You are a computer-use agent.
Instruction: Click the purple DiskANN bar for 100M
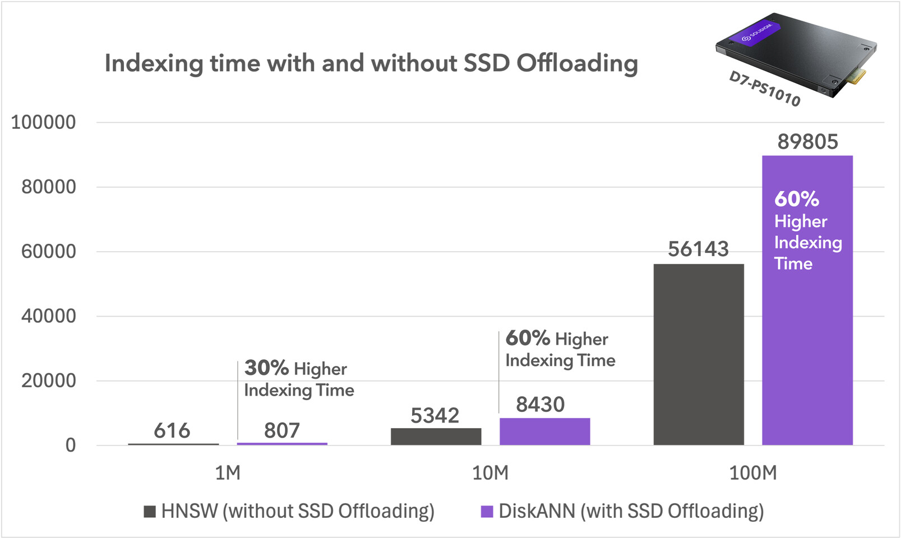click(807, 336)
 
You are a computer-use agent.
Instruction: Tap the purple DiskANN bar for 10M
click(544, 432)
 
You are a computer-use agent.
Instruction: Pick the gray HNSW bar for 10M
click(436, 437)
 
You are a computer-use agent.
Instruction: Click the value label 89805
click(807, 142)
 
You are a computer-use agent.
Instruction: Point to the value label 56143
click(698, 249)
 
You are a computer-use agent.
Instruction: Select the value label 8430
click(540, 405)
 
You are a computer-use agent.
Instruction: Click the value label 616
click(172, 431)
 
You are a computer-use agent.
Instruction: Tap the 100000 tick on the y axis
click(43, 122)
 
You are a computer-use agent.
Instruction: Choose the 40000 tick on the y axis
click(48, 316)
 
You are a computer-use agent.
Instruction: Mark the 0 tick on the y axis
click(71, 446)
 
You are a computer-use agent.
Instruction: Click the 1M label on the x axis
click(228, 473)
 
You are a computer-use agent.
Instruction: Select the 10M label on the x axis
click(490, 473)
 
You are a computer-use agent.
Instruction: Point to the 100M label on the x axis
click(753, 473)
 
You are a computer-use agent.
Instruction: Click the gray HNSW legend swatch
click(150, 511)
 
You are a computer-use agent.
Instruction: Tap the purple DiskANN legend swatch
click(487, 511)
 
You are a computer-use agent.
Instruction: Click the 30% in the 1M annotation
click(266, 368)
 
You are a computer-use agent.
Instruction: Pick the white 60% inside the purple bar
click(796, 199)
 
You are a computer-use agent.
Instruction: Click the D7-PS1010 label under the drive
click(764, 89)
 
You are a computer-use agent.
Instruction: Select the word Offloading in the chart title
click(577, 63)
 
